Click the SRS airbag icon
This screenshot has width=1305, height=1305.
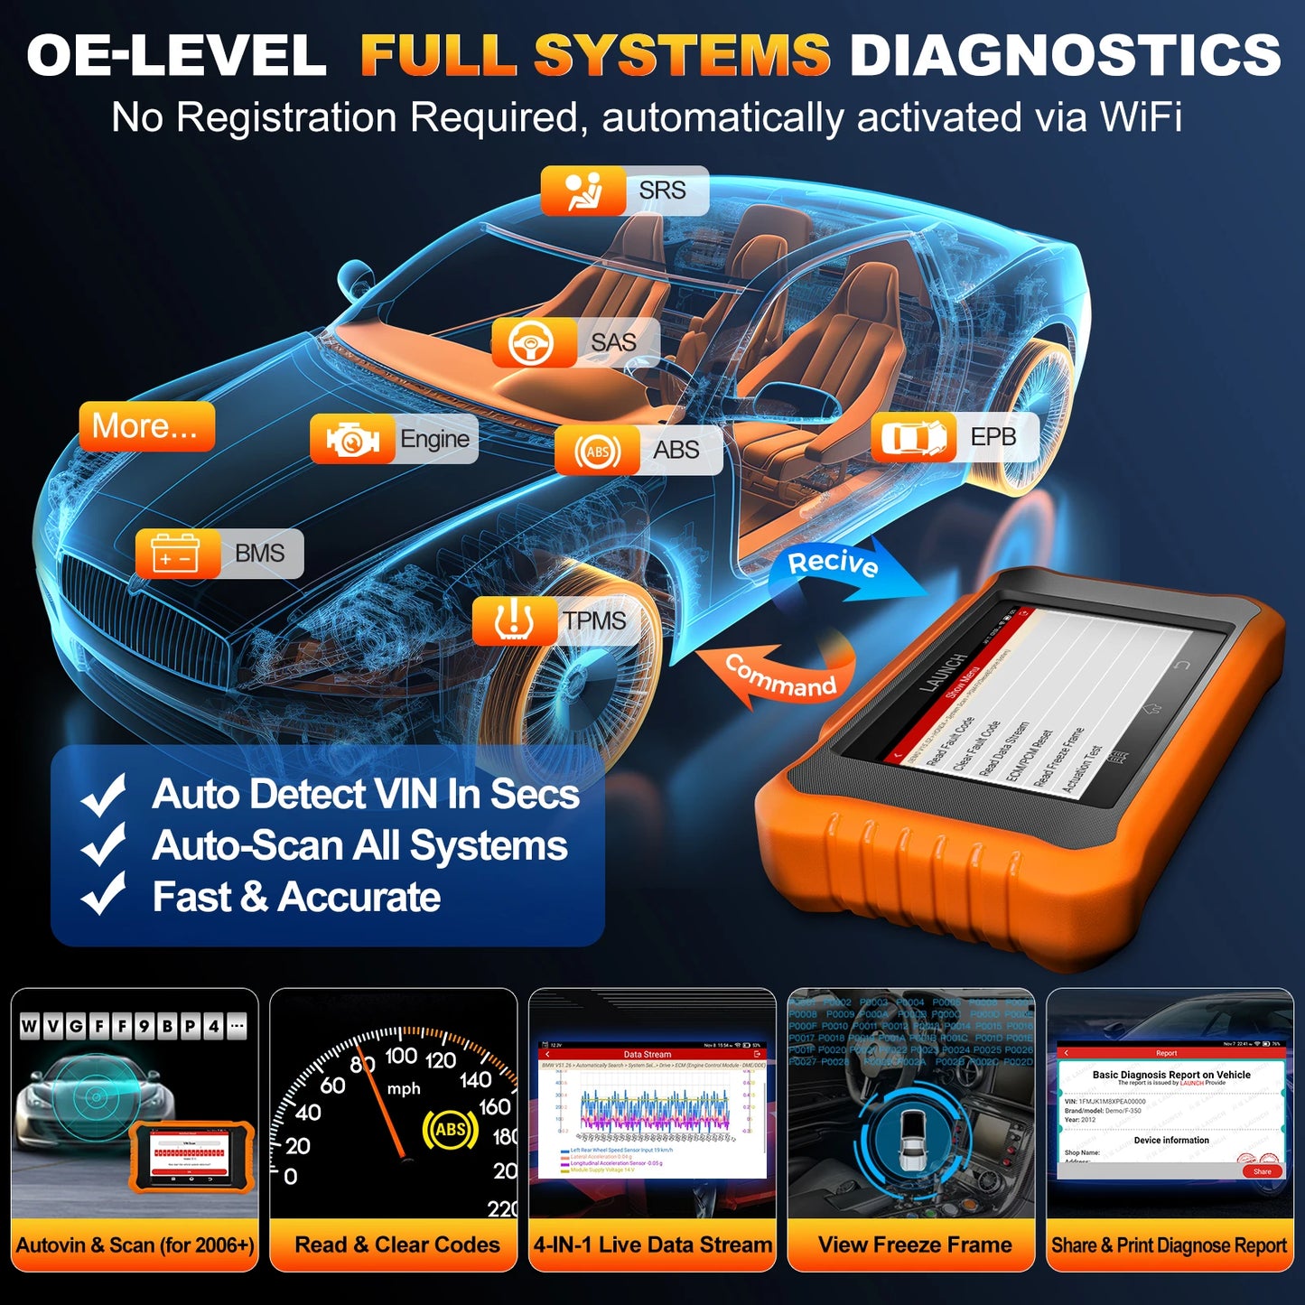tap(583, 191)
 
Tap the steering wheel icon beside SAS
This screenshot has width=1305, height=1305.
tap(533, 342)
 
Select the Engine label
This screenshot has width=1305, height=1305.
tap(434, 439)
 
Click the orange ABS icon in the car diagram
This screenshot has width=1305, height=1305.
tap(597, 451)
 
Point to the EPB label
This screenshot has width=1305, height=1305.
tap(993, 437)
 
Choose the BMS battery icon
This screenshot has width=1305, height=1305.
tap(177, 553)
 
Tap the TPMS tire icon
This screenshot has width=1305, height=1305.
tap(513, 620)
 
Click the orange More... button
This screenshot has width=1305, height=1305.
tap(146, 426)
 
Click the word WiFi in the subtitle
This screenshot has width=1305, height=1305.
tap(1140, 117)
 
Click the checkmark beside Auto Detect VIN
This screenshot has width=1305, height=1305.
tap(104, 794)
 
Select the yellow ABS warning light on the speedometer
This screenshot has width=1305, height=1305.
tap(450, 1129)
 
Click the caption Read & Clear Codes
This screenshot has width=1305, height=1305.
tap(396, 1244)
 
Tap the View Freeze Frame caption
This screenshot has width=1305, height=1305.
tap(914, 1244)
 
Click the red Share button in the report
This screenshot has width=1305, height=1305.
tap(1262, 1171)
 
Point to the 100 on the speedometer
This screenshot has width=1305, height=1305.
tap(401, 1056)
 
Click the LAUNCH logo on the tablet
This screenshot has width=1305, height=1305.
tap(945, 673)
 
